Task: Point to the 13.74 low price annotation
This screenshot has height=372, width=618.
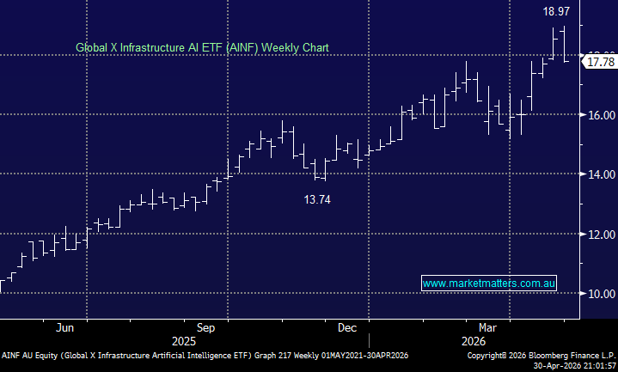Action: [x=316, y=199]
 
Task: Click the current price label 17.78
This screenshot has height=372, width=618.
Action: [x=599, y=61]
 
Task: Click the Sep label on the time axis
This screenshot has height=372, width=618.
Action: [x=206, y=327]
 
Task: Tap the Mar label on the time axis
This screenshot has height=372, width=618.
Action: [x=488, y=327]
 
